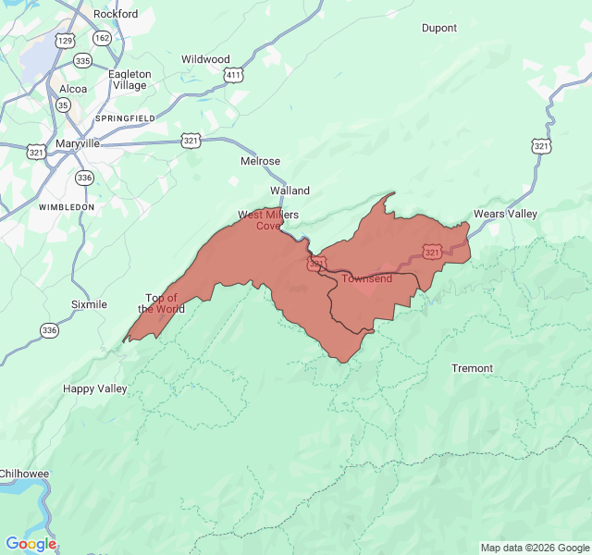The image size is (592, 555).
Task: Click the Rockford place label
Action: click(116, 14)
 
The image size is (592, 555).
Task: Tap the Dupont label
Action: click(439, 28)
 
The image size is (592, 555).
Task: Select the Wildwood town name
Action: click(205, 59)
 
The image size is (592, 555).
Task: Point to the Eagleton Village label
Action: click(129, 80)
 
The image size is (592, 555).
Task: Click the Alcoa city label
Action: click(72, 89)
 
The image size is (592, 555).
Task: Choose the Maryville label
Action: click(78, 143)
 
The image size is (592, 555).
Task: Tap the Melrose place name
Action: click(260, 161)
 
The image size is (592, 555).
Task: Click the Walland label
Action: click(290, 191)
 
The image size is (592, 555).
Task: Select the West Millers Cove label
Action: click(268, 220)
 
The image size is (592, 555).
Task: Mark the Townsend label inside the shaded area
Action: click(367, 278)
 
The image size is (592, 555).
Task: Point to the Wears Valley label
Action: click(505, 214)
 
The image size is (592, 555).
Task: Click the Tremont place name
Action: click(472, 368)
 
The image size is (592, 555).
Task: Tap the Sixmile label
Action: click(89, 304)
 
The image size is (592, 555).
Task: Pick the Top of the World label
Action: click(161, 303)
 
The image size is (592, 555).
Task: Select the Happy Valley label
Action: click(94, 388)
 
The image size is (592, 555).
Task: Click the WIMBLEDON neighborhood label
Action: click(67, 207)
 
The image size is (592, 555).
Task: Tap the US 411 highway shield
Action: click(233, 74)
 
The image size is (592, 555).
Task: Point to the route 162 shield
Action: click(102, 38)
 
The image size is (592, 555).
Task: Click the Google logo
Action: click(31, 544)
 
